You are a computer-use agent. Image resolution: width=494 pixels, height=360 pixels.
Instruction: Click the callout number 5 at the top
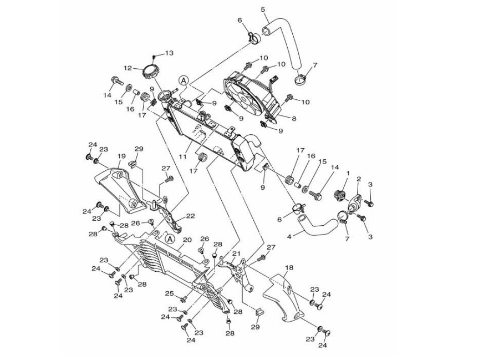coord(263,9)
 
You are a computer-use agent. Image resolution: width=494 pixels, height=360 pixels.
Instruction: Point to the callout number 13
coord(169,53)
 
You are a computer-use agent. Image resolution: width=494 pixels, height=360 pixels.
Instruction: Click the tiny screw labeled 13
coord(154,57)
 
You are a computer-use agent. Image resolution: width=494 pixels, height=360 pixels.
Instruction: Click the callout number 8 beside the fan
coord(293,118)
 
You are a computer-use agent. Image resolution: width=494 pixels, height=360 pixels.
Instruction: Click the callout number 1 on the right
coord(347,173)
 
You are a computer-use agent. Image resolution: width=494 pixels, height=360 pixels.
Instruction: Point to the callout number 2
coord(359,179)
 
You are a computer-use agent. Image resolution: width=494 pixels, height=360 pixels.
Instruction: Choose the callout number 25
coord(169,293)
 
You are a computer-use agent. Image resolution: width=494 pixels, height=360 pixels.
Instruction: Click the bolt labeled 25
coord(184,300)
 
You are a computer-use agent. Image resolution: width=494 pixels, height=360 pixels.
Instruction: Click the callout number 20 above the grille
coord(187,240)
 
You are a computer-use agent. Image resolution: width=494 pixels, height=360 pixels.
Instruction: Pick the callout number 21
coord(235,253)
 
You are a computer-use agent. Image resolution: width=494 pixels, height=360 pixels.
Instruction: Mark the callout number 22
coord(190,216)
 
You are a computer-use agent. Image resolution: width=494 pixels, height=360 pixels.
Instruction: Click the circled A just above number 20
coord(170,239)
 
